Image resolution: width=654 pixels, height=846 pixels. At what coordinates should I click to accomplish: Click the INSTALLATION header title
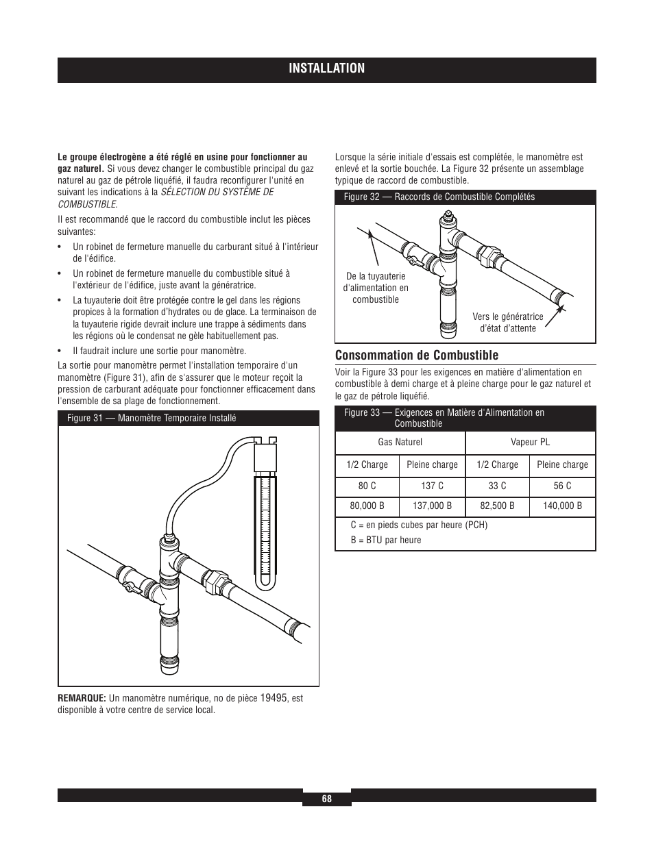coord(326,68)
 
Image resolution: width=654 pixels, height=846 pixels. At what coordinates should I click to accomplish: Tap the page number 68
coord(327,799)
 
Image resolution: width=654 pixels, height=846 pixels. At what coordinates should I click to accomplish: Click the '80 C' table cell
coord(367,486)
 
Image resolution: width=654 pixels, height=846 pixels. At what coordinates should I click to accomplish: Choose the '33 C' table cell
coord(497,486)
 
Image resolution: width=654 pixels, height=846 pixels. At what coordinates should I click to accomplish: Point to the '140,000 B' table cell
coord(562,506)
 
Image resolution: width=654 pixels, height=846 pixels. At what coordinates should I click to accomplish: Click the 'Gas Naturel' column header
coord(400,442)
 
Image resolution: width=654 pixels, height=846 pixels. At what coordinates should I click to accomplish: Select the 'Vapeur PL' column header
coord(530,442)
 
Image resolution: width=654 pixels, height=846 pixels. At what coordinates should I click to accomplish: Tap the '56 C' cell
coord(562,486)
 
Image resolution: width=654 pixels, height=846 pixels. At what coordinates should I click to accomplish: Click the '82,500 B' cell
coord(497,506)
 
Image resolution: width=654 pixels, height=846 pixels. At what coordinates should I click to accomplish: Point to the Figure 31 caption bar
coord(189,418)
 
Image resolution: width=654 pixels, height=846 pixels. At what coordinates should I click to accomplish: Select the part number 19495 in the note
coord(274,697)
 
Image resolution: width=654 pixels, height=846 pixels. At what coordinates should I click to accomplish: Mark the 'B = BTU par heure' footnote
coord(386,540)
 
